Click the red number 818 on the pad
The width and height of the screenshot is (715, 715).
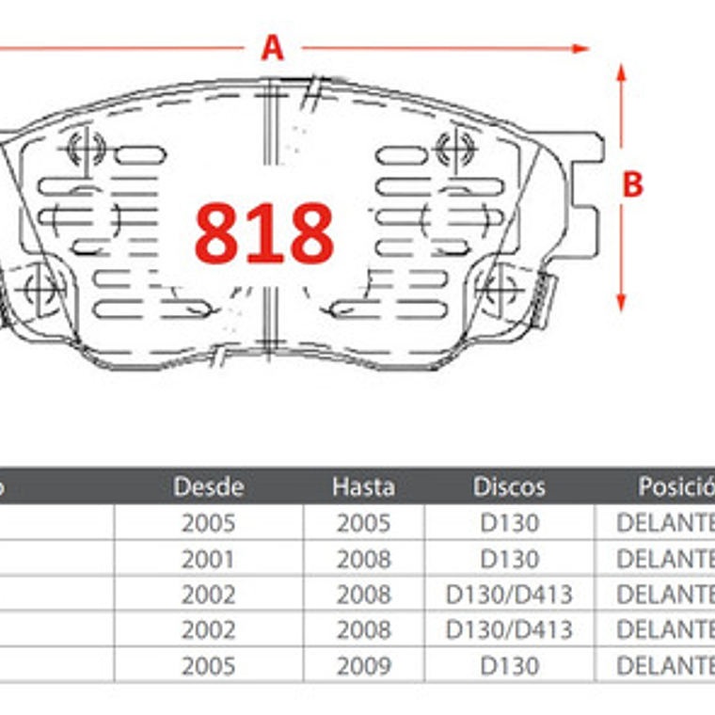pyautogui.click(x=264, y=232)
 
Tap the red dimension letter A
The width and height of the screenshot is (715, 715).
pyautogui.click(x=272, y=47)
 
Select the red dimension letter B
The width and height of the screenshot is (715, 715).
pyautogui.click(x=632, y=185)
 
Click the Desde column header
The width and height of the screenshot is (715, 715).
pyautogui.click(x=208, y=486)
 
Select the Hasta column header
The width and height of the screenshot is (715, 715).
pyautogui.click(x=363, y=486)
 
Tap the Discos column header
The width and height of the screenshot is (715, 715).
pyautogui.click(x=509, y=486)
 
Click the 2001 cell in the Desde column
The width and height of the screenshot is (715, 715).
pyautogui.click(x=208, y=559)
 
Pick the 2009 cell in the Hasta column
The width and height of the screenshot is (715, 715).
pyautogui.click(x=363, y=666)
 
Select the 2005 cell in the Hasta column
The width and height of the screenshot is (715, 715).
pyautogui.click(x=363, y=523)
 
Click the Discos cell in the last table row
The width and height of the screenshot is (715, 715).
pyautogui.click(x=509, y=666)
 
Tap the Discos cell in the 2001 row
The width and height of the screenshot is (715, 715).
pyautogui.click(x=509, y=559)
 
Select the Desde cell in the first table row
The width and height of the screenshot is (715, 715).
pyautogui.click(x=208, y=523)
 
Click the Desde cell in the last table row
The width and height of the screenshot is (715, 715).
pyautogui.click(x=208, y=666)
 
